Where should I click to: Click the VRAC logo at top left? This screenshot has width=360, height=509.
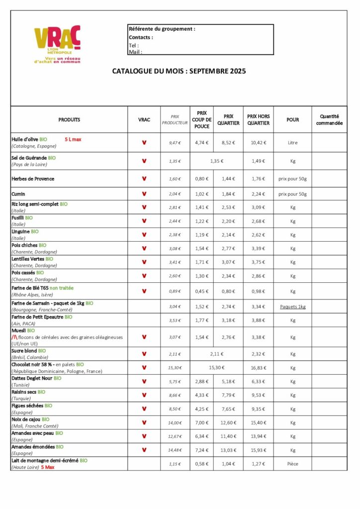click(57, 45)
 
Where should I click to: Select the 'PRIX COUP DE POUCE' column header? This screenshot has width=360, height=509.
click(201, 120)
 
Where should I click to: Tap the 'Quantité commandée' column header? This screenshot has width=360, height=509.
click(329, 120)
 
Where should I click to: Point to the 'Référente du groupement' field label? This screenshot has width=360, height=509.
click(162, 29)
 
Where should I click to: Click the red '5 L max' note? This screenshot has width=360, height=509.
click(73, 139)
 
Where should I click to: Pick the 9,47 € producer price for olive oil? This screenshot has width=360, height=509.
click(175, 143)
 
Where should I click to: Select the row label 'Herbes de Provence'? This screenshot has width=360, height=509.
click(33, 178)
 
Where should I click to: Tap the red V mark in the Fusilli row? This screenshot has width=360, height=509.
click(144, 221)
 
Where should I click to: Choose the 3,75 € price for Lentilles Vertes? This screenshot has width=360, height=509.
click(258, 262)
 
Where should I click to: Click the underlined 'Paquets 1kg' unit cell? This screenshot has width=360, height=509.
click(292, 307)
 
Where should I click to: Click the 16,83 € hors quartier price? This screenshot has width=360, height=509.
click(258, 368)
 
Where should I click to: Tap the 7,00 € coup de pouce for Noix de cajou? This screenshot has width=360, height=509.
click(201, 423)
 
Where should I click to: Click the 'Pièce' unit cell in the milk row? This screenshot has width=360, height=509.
click(292, 464)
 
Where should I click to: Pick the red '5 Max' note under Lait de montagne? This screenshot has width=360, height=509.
click(48, 468)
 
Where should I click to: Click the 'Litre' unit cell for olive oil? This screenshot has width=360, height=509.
click(292, 143)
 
